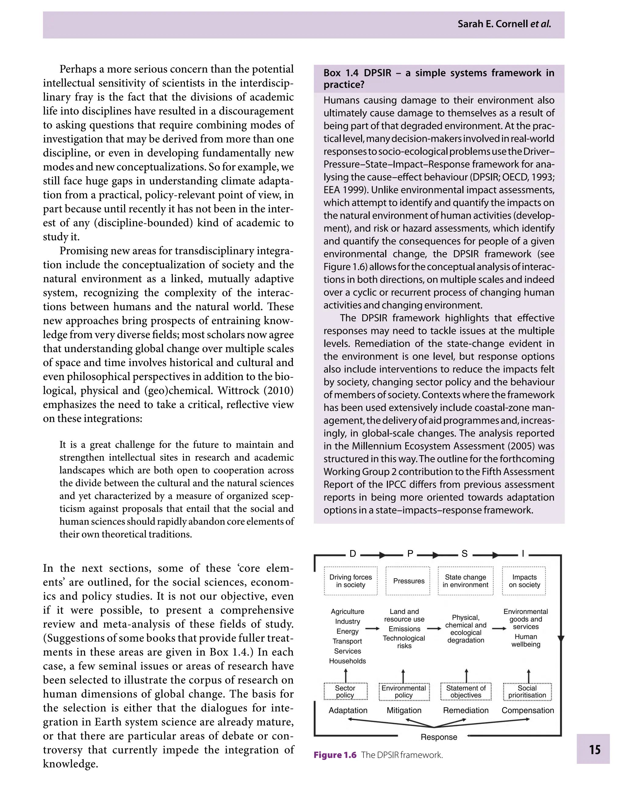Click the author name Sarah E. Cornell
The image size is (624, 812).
(x=492, y=24)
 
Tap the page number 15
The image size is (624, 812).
(x=595, y=749)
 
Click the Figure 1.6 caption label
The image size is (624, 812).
(x=335, y=755)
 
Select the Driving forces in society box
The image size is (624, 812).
(x=350, y=581)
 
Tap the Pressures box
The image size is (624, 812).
(x=408, y=581)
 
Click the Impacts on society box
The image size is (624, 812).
(x=524, y=581)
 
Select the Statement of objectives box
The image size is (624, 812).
(x=466, y=692)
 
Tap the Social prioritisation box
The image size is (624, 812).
(x=527, y=692)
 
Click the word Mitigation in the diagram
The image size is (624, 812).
(x=404, y=711)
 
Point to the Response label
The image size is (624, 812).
(x=439, y=737)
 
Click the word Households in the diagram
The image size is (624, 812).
(x=347, y=661)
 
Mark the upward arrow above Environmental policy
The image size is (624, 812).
(x=403, y=676)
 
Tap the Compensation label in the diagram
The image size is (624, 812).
(x=527, y=711)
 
